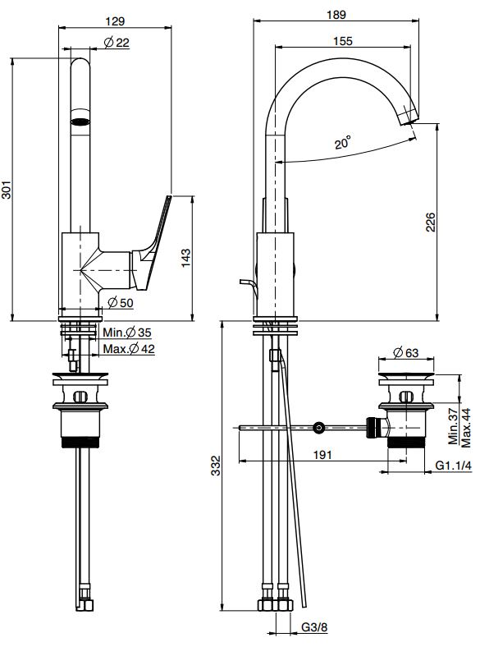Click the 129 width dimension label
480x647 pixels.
pos(115,21)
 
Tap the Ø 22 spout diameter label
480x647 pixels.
pos(117,42)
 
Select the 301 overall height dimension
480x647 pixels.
pos(7,190)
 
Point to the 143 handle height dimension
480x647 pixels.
pos(186,258)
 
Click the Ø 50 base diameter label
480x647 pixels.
pos(121,302)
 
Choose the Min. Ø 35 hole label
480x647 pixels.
pos(127,333)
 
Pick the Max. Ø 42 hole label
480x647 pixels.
pos(129,349)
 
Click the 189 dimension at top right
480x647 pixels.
pos(336,15)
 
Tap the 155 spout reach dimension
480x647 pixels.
pos(343,41)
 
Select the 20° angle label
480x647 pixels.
pos(343,142)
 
